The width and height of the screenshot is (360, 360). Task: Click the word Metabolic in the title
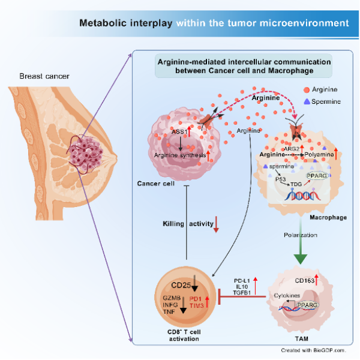[x=103, y=23]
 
